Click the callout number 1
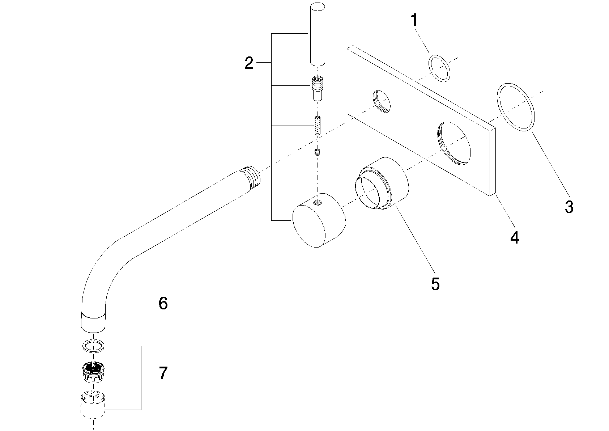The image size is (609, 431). pos(414,20)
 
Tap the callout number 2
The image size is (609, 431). pos(249,63)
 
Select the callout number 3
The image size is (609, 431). pos(569,207)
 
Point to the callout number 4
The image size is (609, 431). pos(514,237)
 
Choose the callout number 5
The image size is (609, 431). pos(435,284)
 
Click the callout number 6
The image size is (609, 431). pos(163,303)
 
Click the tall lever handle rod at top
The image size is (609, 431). pos(317,34)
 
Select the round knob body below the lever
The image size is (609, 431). pos(319,220)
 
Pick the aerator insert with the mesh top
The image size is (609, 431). pos(94,372)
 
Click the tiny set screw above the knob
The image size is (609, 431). pos(317,152)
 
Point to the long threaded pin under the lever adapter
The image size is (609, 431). pos(317,125)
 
